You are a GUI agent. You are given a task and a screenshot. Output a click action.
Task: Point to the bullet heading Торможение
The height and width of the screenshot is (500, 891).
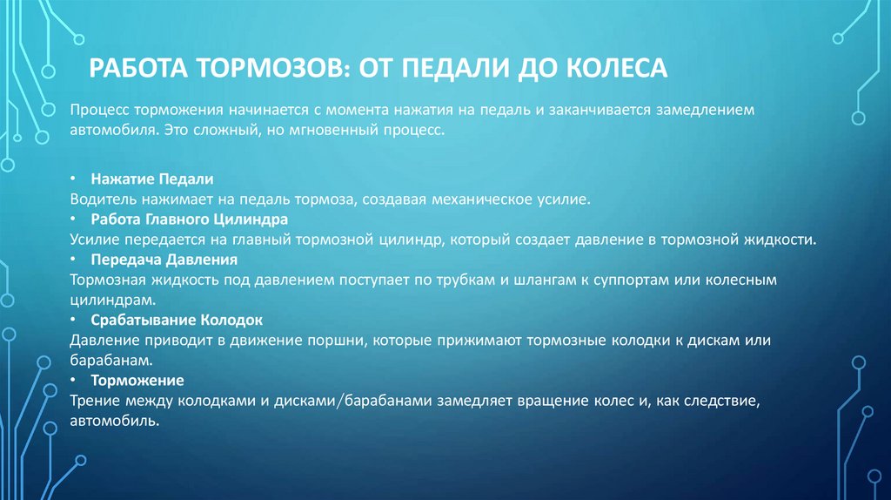pyautogui.click(x=137, y=381)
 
